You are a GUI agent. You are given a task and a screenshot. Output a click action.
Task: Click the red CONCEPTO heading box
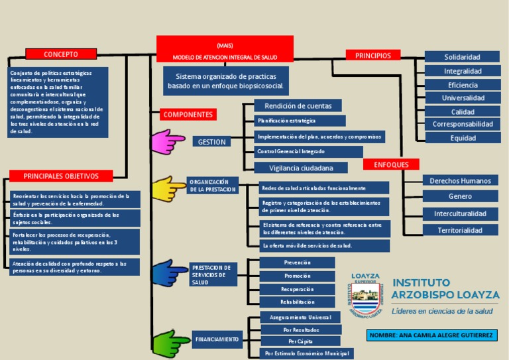(61, 54)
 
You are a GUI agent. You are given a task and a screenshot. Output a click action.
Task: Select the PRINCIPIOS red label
(373, 56)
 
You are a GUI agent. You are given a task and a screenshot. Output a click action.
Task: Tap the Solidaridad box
(462, 57)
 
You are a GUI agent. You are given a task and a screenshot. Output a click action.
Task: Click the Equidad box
(463, 138)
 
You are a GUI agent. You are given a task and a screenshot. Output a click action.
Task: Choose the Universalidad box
(463, 98)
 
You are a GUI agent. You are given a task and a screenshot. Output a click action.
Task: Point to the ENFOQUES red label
(391, 164)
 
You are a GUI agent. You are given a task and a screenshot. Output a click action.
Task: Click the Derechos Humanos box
(460, 180)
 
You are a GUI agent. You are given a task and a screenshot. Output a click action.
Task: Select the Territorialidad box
(460, 230)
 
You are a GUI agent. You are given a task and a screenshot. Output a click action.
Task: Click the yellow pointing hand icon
(169, 188)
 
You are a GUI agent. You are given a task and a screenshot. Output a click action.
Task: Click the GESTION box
(212, 141)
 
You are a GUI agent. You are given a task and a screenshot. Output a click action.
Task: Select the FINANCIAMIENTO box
(217, 339)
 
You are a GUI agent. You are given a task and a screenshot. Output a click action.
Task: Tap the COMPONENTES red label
(188, 115)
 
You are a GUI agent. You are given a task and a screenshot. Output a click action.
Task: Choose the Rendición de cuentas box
(298, 105)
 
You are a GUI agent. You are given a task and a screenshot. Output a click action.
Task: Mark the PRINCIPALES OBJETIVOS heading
(61, 176)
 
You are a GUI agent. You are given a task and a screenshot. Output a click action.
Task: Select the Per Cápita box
(300, 341)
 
